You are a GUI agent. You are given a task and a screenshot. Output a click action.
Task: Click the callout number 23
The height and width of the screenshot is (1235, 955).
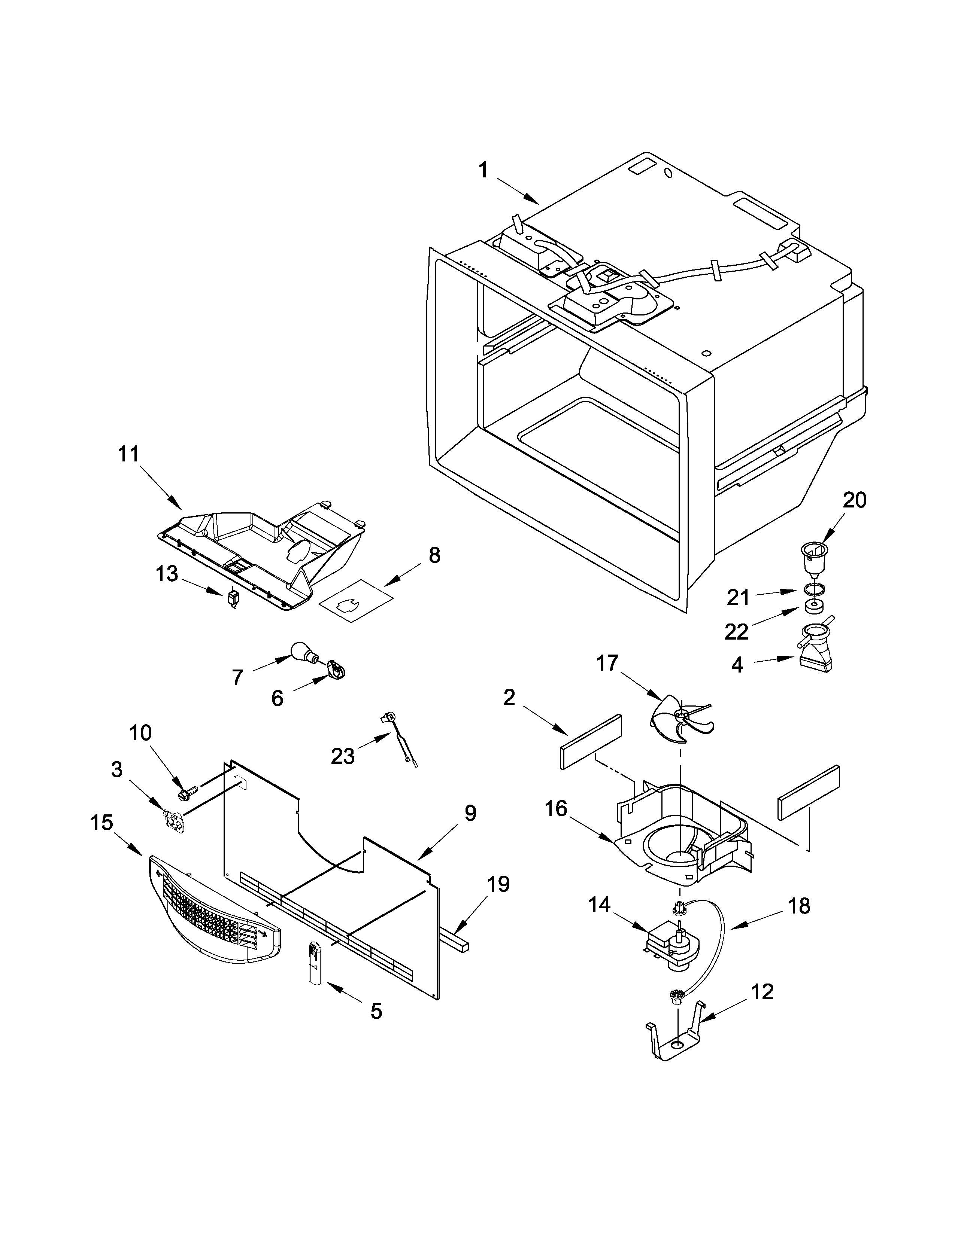(x=342, y=756)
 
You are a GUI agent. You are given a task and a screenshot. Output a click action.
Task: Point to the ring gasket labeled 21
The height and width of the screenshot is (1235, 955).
(x=813, y=590)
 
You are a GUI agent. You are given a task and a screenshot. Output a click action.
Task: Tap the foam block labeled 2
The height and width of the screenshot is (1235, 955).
(x=591, y=741)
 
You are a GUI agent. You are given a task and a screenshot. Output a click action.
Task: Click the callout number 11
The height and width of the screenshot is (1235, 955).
(x=128, y=454)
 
